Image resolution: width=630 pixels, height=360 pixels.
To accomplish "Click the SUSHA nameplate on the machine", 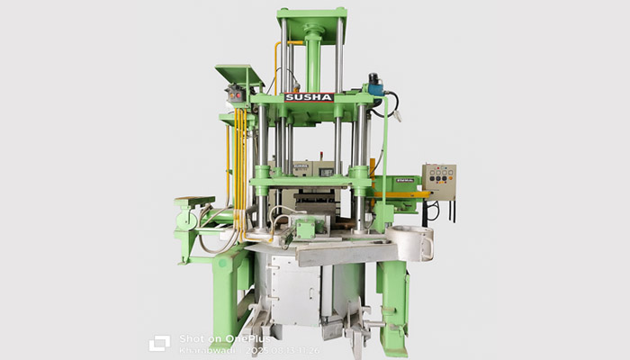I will coord(309,97).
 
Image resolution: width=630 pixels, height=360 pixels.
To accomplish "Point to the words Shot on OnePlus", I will coord(212,337).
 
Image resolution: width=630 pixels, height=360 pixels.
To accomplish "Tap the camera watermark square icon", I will coord(159,343).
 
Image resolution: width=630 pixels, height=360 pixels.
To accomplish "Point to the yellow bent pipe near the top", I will coord(274,49).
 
